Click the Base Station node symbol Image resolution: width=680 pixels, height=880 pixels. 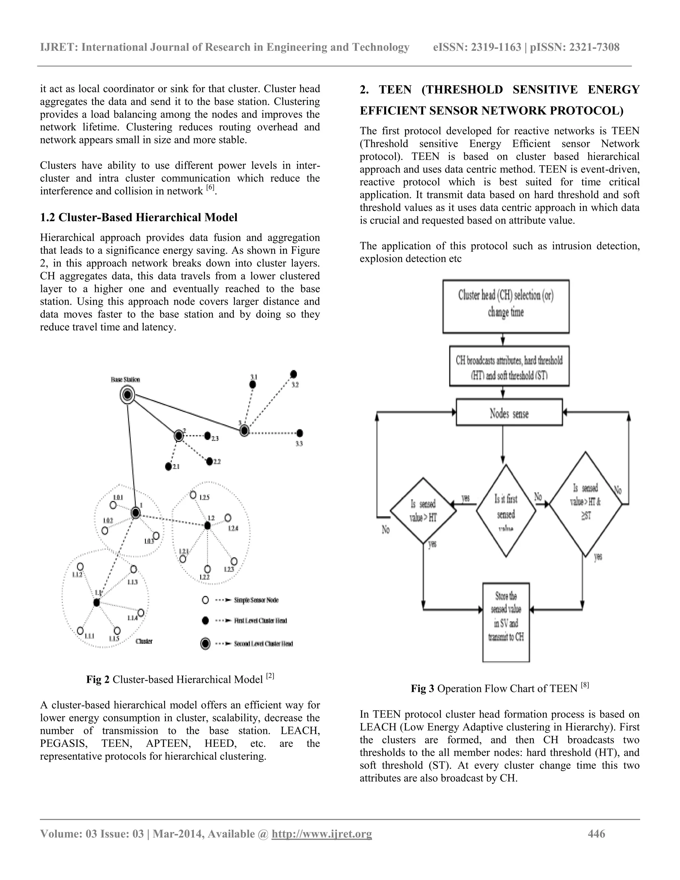(x=127, y=395)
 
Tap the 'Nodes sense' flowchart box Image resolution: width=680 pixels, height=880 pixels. (x=509, y=412)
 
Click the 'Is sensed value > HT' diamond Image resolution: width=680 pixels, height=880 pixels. (x=423, y=511)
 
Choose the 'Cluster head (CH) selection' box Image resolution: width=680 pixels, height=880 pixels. (x=506, y=306)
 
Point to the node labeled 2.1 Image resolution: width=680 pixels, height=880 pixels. (x=168, y=467)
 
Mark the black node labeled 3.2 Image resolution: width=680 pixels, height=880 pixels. (x=294, y=374)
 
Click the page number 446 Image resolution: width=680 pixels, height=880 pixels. (x=597, y=834)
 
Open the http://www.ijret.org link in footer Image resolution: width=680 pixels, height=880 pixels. (x=322, y=834)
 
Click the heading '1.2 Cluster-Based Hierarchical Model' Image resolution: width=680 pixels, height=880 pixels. (x=138, y=218)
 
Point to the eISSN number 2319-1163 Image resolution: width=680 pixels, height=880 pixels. (x=496, y=47)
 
